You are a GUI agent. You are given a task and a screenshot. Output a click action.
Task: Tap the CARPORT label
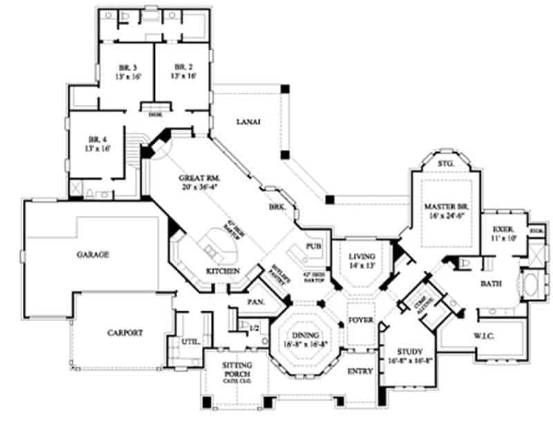pyautogui.click(x=124, y=333)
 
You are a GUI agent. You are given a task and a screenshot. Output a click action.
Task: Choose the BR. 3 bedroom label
pyautogui.click(x=126, y=67)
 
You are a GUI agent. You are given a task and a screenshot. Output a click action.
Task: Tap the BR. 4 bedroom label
pyautogui.click(x=96, y=138)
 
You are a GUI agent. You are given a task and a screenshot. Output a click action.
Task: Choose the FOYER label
pyautogui.click(x=360, y=321)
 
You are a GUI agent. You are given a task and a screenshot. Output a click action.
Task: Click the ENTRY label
pyautogui.click(x=360, y=371)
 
